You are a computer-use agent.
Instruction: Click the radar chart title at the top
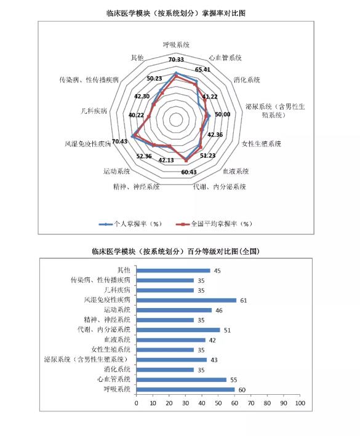[176, 13]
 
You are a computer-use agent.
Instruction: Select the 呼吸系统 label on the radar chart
[176, 45]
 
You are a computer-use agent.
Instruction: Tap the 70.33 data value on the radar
[176, 60]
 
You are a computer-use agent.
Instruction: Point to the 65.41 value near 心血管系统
[202, 69]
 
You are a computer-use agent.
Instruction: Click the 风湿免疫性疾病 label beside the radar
[87, 144]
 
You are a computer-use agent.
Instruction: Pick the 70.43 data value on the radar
[119, 141]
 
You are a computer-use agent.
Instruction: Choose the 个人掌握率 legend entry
[130, 224]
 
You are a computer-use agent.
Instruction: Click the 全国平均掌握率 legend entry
[214, 224]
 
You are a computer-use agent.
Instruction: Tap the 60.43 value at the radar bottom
[189, 172]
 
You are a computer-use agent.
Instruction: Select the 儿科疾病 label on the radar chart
[94, 111]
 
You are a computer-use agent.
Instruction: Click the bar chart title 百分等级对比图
[176, 252]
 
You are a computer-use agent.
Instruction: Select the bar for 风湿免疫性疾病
[186, 300]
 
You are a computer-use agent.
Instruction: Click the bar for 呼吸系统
[186, 389]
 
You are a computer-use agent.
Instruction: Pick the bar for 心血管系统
[182, 380]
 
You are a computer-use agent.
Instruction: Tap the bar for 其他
[174, 271]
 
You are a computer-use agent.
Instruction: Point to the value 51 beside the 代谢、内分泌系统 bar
[227, 330]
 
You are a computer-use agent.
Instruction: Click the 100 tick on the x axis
[300, 403]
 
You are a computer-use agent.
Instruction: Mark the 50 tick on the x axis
[218, 403]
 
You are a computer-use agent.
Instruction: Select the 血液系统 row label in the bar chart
[117, 339]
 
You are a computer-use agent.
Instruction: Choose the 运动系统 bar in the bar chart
[174, 311]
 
